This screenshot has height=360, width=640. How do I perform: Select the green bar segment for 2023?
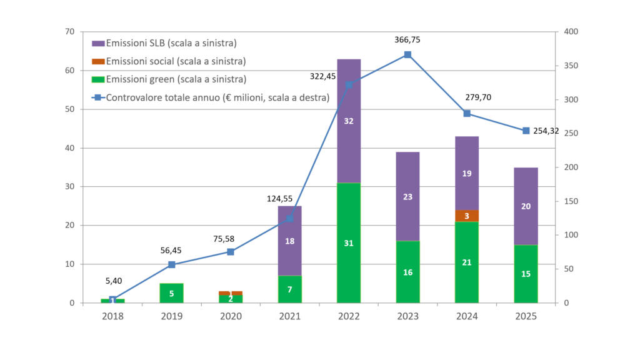tap(407, 272)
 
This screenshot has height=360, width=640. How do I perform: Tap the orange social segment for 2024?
tap(467, 216)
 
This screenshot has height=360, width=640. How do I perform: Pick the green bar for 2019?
tap(172, 293)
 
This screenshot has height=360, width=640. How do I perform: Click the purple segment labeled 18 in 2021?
tap(289, 241)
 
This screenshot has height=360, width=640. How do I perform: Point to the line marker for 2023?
tap(407, 54)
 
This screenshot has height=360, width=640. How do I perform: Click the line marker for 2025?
tap(526, 131)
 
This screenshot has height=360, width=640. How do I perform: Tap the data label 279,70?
tap(479, 97)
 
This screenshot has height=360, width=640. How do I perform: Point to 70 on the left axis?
tap(69, 32)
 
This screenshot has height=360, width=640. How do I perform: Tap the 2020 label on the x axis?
tap(231, 317)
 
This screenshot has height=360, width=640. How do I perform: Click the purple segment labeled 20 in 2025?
tap(526, 206)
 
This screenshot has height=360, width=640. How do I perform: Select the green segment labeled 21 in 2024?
tap(467, 262)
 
